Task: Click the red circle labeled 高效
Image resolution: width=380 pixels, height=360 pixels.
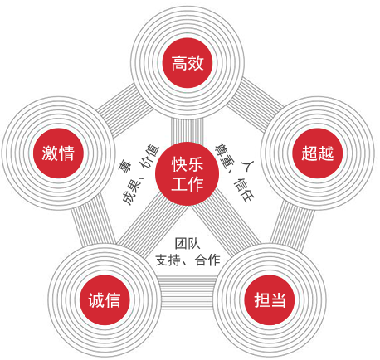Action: coord(188,63)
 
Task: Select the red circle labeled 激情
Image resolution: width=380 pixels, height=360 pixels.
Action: coord(58,153)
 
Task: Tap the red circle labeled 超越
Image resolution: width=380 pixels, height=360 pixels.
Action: coord(317,153)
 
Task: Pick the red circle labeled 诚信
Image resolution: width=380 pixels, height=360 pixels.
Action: coord(105,300)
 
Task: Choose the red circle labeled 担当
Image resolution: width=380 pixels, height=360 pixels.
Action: coord(270,300)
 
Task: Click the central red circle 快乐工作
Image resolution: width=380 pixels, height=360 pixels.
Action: coord(188,173)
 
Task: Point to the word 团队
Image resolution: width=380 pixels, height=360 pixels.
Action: coord(188,243)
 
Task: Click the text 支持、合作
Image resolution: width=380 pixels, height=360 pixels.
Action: coord(188,260)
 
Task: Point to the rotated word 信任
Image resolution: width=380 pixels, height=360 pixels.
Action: coord(244,190)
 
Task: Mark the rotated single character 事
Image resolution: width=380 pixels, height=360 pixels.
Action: coord(125,166)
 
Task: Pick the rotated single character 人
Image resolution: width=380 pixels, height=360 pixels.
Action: coord(247,165)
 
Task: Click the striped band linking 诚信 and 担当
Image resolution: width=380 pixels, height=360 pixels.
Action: coord(187,292)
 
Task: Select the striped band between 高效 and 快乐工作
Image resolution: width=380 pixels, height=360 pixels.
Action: coord(188,130)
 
